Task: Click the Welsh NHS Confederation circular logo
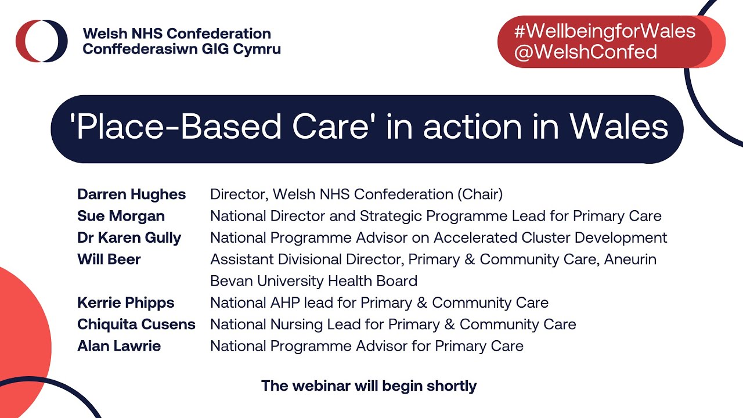coord(41,41)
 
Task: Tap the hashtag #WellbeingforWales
coord(604,31)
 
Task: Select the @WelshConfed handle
coord(585,52)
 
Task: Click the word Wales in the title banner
coord(618,127)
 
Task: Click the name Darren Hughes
coord(131,194)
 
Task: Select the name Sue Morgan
coord(121,216)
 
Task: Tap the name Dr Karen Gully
coord(129,237)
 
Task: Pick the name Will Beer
coord(109,259)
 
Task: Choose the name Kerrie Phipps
coord(125,302)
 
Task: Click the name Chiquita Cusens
coord(136,324)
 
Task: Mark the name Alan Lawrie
coord(119,346)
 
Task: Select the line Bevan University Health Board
coord(313,281)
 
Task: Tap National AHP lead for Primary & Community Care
coord(379,302)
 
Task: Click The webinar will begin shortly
coord(369,385)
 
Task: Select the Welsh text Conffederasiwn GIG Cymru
coord(181,49)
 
